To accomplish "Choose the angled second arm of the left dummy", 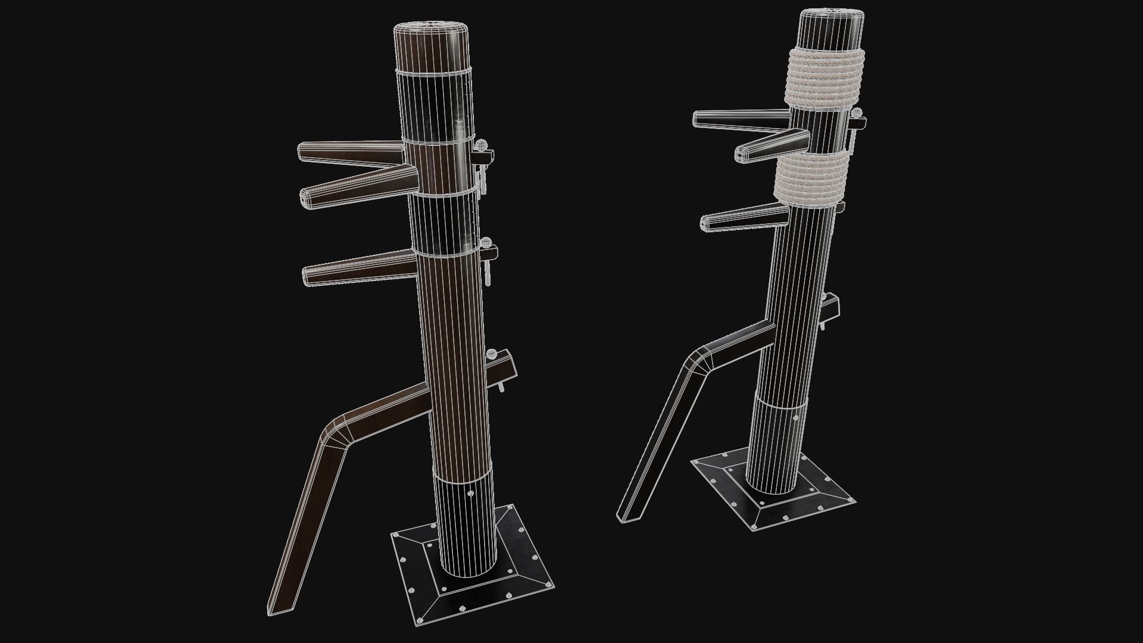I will point(357,185).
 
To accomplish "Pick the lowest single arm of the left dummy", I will point(357,268).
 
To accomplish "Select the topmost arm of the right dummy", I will point(738,119).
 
